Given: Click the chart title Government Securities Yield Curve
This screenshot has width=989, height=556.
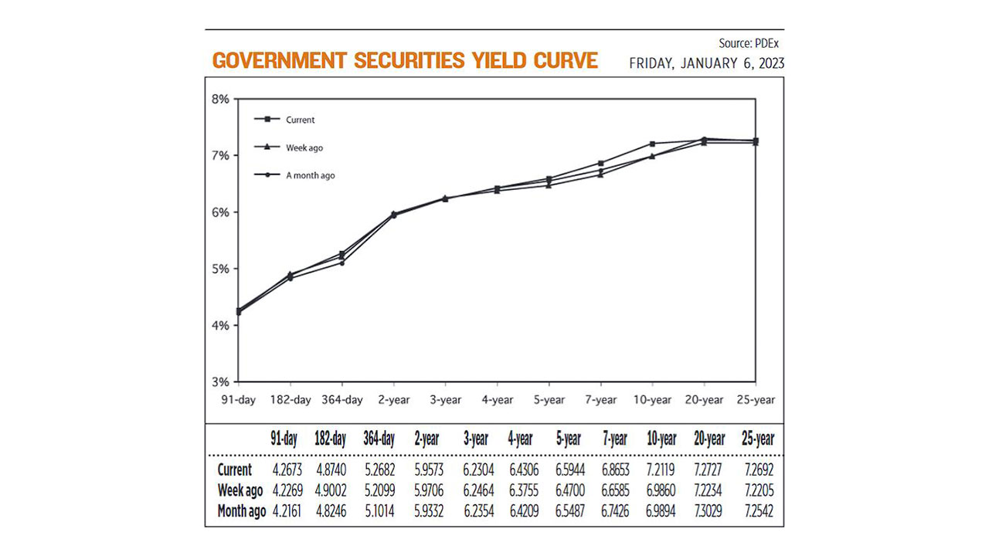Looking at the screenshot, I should click(x=405, y=60).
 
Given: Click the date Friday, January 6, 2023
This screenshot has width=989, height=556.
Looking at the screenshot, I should click(x=706, y=63).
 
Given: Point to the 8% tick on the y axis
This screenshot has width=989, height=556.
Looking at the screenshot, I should click(x=220, y=99).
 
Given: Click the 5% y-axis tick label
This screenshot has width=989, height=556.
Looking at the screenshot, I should click(x=220, y=269).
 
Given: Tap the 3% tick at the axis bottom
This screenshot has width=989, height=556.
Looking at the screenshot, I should click(x=220, y=381).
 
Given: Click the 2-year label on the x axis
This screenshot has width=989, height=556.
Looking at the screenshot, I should click(x=394, y=400).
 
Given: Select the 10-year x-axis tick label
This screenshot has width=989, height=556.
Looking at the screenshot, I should click(x=652, y=400).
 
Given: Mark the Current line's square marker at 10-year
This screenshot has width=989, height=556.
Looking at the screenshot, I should click(x=652, y=144).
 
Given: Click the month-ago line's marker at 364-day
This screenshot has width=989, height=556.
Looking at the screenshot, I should click(x=342, y=263).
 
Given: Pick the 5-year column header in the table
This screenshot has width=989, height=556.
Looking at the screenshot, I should click(x=568, y=439).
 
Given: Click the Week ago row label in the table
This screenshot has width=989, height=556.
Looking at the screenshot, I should click(x=240, y=490).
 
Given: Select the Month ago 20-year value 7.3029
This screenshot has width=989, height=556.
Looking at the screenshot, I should click(x=709, y=510).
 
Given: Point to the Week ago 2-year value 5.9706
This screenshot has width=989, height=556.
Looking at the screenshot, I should click(x=427, y=490).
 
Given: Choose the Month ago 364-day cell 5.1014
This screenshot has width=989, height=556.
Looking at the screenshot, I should click(x=379, y=510).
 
